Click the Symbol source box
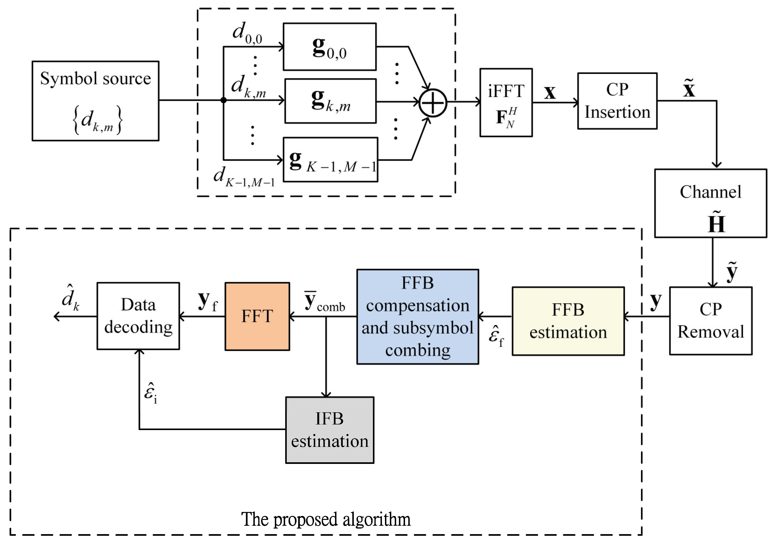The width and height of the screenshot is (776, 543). [95, 101]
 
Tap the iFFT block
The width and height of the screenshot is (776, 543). [506, 102]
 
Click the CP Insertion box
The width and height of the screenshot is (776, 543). [617, 101]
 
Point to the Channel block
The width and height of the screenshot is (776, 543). [710, 203]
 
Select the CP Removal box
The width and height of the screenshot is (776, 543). [710, 321]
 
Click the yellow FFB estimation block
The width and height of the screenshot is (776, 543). [568, 321]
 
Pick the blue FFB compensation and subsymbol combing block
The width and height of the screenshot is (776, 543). [417, 316]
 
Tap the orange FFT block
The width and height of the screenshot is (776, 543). [257, 316]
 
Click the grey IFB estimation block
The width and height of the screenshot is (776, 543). [329, 430]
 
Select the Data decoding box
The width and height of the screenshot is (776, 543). [138, 316]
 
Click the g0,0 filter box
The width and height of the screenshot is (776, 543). [329, 47]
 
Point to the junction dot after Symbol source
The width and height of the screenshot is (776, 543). [224, 100]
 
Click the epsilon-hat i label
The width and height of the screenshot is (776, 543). [150, 393]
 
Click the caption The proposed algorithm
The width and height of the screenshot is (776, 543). [326, 519]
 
